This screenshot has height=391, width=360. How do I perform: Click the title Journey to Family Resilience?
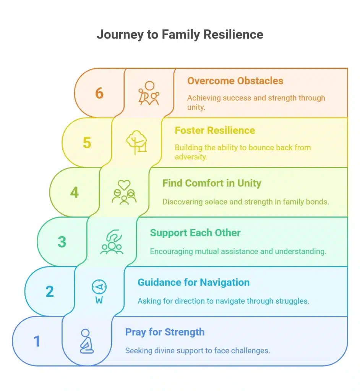tap(180, 34)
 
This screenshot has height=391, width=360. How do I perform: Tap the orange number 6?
tap(99, 93)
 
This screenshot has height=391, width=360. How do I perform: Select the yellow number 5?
tap(87, 143)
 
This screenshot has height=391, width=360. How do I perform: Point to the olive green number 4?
tap(75, 192)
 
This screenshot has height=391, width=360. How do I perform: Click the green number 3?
tap(62, 242)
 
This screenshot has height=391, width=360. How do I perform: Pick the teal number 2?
tap(50, 292)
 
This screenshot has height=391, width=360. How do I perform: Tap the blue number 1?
tap(37, 341)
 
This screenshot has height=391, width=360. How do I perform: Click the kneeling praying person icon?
tap(86, 341)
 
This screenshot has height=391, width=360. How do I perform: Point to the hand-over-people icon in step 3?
tap(112, 242)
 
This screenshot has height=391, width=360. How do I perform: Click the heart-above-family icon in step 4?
tap(124, 192)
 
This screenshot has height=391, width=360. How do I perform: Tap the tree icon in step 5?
tap(136, 142)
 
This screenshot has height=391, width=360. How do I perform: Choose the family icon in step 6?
tap(149, 93)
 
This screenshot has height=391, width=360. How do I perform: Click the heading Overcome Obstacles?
tap(235, 81)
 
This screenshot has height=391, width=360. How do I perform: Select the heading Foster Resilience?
tap(215, 131)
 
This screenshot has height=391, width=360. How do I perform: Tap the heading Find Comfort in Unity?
tap(212, 183)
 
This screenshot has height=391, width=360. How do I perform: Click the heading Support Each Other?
tap(195, 233)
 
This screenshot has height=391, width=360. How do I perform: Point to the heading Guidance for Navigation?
tap(193, 283)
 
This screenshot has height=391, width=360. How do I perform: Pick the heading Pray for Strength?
tap(165, 332)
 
